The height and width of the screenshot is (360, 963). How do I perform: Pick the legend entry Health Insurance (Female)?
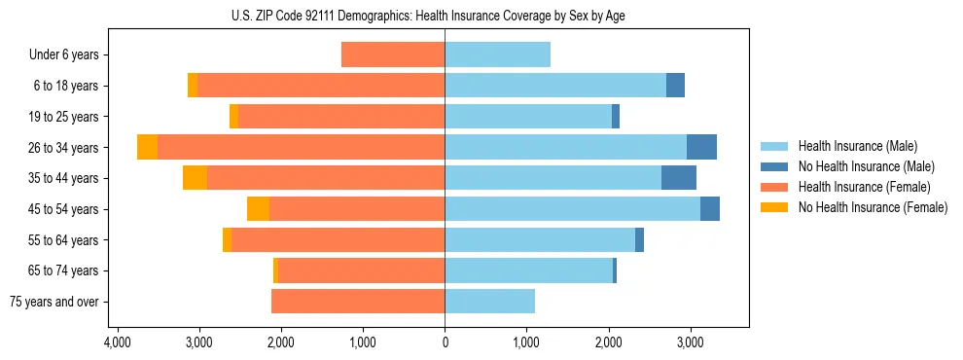pyautogui.click(x=857, y=187)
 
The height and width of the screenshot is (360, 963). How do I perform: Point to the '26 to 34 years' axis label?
pyautogui.click(x=63, y=148)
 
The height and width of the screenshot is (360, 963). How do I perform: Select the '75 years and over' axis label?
pyautogui.click(x=54, y=302)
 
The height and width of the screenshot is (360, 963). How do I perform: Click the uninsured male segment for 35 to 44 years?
pyautogui.click(x=679, y=178)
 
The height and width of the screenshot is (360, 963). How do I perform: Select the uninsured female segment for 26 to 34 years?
pyautogui.click(x=147, y=147)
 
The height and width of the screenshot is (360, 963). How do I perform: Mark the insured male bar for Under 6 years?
pyautogui.click(x=497, y=54)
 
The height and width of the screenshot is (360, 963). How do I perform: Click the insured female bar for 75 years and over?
pyautogui.click(x=358, y=302)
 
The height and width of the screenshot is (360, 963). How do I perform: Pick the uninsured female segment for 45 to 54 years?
pyautogui.click(x=258, y=209)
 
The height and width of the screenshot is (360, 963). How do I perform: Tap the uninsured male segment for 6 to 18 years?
pyautogui.click(x=675, y=86)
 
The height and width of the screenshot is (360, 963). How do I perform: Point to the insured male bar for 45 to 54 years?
pyautogui.click(x=572, y=209)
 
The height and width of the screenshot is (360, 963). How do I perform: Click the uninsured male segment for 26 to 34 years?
pyautogui.click(x=701, y=147)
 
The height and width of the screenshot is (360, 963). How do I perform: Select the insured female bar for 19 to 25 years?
pyautogui.click(x=341, y=117)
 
